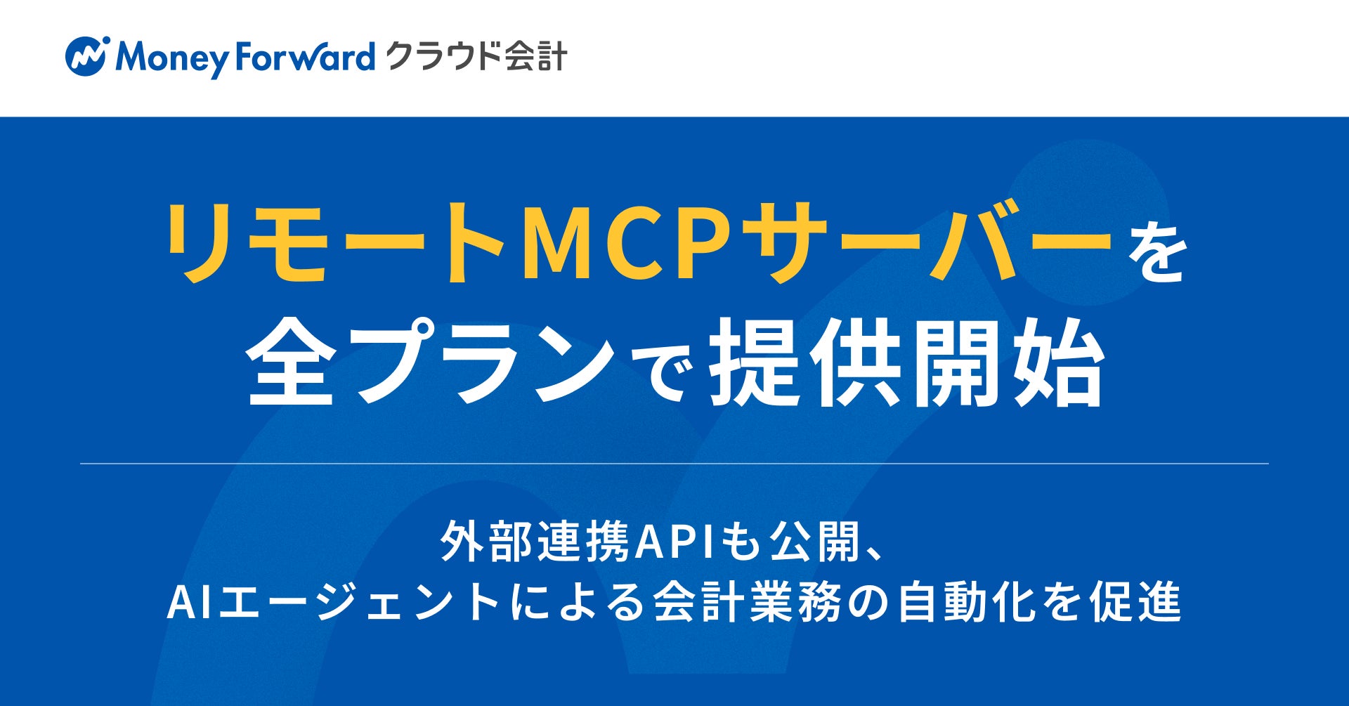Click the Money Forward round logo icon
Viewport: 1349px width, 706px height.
pyautogui.click(x=86, y=56)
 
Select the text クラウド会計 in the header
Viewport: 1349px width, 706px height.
pyautogui.click(x=476, y=56)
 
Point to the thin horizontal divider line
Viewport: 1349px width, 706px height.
pyautogui.click(x=674, y=464)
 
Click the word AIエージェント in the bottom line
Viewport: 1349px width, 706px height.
pyautogui.click(x=333, y=603)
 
